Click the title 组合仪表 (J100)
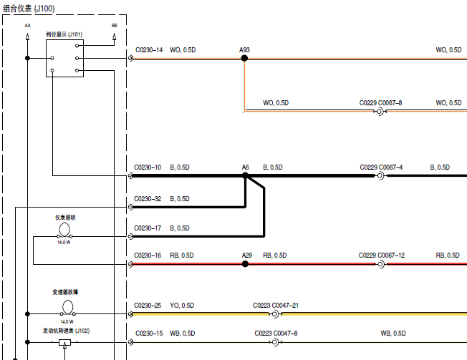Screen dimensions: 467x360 [29, 9]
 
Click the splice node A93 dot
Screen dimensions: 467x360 [244, 58]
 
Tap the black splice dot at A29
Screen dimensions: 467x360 [245, 264]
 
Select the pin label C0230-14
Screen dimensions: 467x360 [149, 50]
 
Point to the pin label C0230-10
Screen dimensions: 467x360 [148, 167]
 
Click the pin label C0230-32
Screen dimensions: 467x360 [148, 199]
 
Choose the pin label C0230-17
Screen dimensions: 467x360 [148, 228]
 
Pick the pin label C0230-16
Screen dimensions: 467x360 [148, 256]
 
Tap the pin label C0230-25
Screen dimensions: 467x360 [148, 306]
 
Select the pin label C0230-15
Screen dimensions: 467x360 [149, 334]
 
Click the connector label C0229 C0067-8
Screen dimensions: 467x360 [380, 103]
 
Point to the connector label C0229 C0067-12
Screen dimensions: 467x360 [382, 256]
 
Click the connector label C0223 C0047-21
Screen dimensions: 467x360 [276, 306]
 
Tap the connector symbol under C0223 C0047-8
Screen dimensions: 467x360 [275, 342]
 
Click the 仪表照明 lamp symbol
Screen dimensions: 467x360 [64, 230]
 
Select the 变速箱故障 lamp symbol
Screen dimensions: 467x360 [67, 308]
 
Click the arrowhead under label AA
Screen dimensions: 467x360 [27, 37]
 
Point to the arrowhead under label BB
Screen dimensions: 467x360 [115, 37]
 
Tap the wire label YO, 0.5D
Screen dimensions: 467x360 [182, 306]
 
